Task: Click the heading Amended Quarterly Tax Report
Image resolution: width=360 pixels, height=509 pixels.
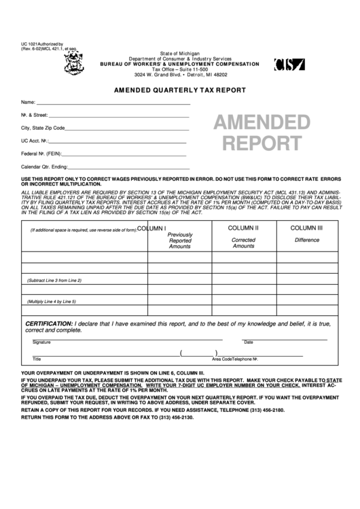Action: point(179,90)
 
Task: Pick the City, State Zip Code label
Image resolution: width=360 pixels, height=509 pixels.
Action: point(43,128)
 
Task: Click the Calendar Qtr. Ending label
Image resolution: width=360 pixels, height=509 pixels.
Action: point(45,166)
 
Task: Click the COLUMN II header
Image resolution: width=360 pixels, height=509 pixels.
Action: point(243,229)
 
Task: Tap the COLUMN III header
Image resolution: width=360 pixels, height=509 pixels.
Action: point(307,229)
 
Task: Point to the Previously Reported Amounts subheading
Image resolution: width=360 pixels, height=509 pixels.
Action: point(180,241)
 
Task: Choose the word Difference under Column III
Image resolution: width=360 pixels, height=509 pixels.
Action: point(307,241)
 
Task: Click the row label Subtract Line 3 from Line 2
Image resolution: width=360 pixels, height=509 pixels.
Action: point(54,280)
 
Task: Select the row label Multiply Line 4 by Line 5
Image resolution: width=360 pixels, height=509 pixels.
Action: point(52,302)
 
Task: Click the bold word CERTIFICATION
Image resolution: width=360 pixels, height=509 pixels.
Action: point(49,323)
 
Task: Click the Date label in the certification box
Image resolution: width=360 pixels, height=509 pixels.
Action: point(248,342)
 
